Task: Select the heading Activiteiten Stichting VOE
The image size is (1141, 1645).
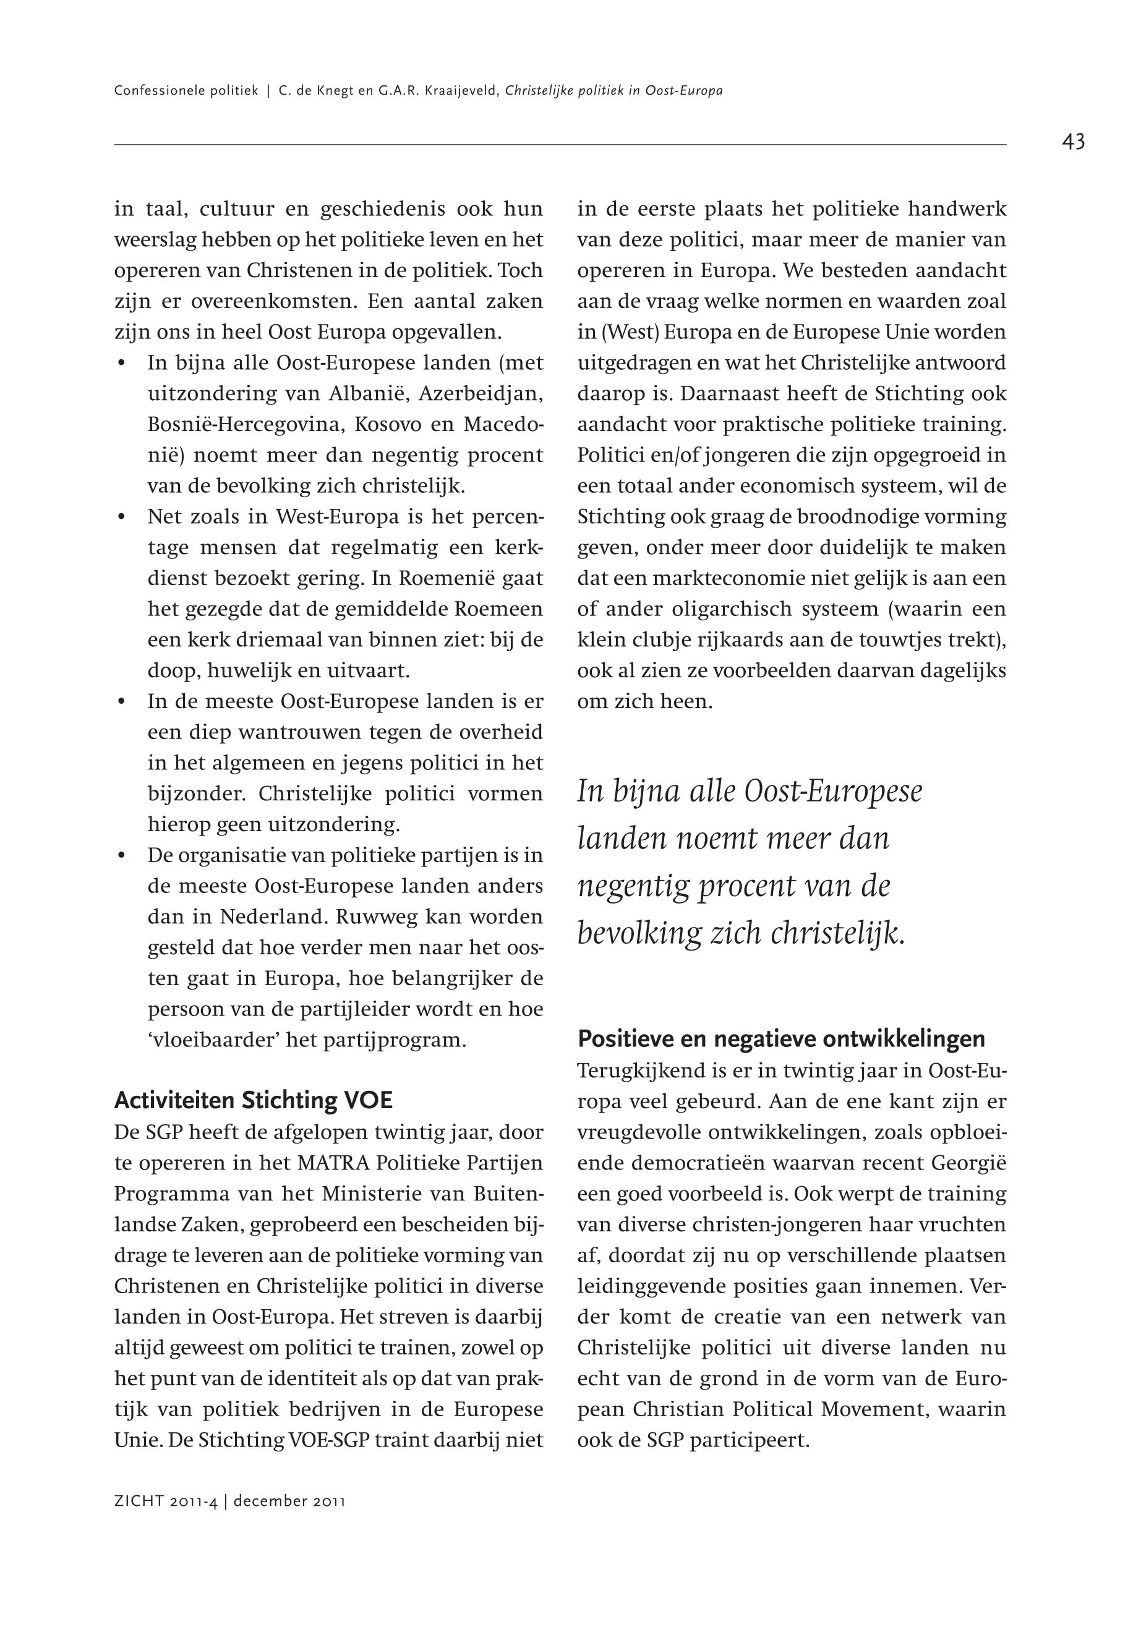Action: (253, 1100)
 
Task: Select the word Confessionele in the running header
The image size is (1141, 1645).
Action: (155, 92)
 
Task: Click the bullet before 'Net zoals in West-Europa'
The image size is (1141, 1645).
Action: (122, 517)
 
